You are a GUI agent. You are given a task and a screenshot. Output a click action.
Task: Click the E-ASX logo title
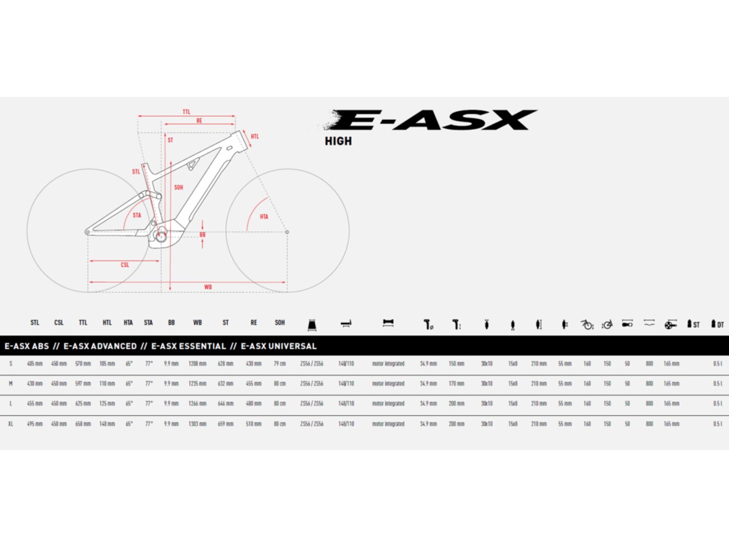433,120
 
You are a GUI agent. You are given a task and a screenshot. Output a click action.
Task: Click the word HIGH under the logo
338,141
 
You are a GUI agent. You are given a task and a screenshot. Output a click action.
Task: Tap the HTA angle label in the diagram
264,217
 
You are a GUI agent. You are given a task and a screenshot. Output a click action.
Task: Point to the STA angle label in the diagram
137,215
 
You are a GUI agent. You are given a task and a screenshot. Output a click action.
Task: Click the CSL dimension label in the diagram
125,265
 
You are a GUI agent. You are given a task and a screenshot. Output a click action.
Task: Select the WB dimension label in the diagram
208,287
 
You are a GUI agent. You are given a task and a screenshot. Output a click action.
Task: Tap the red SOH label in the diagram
179,187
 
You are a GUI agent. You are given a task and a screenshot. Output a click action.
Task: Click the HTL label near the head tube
255,136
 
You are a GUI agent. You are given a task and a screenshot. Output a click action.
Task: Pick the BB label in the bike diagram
202,235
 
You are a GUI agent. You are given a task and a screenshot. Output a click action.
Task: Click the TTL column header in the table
83,323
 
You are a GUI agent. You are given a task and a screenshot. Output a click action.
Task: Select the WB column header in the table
197,323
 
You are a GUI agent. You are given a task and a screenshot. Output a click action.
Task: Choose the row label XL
10,424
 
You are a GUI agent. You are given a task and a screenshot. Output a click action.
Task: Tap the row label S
10,364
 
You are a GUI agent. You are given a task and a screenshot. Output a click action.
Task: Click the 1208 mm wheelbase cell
197,364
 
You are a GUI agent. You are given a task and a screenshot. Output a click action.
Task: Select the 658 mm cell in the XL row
83,424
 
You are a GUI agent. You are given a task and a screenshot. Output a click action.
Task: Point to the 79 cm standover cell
280,364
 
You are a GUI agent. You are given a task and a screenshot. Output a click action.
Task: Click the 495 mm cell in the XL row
35,424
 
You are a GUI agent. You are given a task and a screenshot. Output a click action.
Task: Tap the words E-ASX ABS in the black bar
27,346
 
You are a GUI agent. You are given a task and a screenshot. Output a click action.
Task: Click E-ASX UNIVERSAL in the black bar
278,346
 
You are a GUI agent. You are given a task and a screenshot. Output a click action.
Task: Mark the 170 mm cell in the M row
456,384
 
